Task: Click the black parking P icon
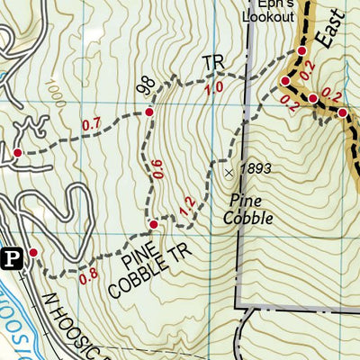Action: tap(12, 259)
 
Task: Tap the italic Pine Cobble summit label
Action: tap(250, 209)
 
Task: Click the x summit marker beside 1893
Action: tap(229, 168)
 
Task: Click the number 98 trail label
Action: tap(142, 85)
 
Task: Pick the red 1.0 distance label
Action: tap(214, 88)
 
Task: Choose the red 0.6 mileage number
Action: tap(158, 169)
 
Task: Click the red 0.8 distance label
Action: tap(88, 276)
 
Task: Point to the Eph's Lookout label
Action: tap(269, 8)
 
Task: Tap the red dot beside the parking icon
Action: tap(33, 252)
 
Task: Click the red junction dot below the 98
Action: tap(149, 112)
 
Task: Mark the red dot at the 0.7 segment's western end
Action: tap(16, 153)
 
